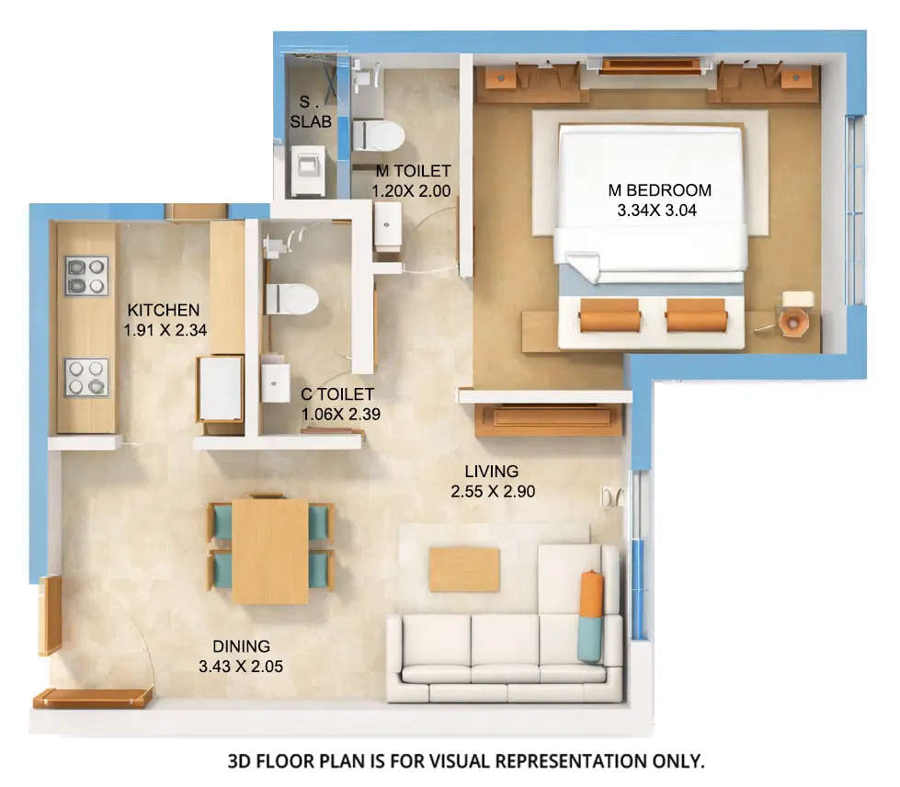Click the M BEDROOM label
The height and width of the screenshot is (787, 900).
click(x=659, y=190)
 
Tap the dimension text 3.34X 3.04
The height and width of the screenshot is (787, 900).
click(x=659, y=209)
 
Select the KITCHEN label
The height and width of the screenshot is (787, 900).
click(x=163, y=309)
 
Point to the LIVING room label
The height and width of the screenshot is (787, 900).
click(x=492, y=472)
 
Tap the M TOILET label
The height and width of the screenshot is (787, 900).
click(x=413, y=171)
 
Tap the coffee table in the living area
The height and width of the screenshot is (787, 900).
click(x=464, y=570)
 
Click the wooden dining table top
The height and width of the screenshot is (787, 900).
click(x=269, y=551)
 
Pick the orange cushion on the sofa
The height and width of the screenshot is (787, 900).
click(x=590, y=595)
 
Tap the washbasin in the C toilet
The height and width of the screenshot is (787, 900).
click(x=275, y=382)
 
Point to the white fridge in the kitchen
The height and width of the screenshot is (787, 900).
click(x=221, y=387)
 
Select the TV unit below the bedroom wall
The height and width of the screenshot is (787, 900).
click(x=549, y=419)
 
